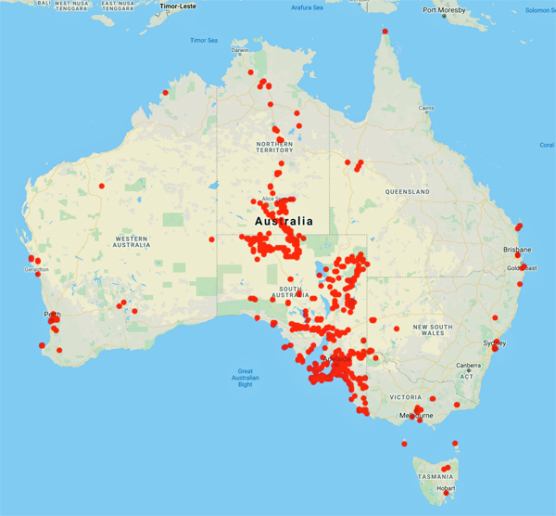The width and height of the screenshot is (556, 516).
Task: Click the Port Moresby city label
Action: pos(442,10)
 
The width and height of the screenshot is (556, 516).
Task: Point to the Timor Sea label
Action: pos(203,41)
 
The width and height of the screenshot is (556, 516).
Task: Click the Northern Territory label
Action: pos(274,149)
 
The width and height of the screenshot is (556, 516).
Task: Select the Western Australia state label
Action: pos(132,241)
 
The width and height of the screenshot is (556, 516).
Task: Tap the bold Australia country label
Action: pos(284,223)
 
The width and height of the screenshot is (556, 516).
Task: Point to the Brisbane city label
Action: pos(517,250)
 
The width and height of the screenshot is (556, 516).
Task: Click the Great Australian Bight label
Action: pos(245,378)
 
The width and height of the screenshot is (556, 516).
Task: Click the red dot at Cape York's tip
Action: pos(385,32)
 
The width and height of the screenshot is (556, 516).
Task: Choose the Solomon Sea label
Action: pos(539,10)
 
